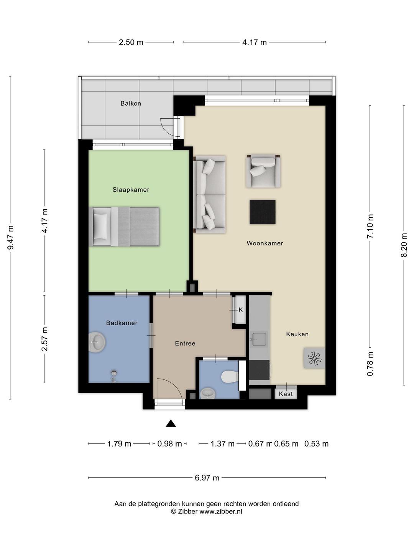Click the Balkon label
[131, 103]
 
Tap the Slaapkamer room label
[131, 190]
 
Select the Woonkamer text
[264, 243]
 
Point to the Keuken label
[297, 334]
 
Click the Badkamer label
[122, 323]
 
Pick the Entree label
[185, 343]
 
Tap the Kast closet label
[286, 394]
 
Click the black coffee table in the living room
[263, 212]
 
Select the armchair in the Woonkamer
[263, 171]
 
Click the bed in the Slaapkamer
[124, 227]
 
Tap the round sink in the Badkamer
[97, 342]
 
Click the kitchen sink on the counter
[259, 339]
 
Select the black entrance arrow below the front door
[171, 424]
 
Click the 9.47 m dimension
[10, 238]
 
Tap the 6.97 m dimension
[207, 478]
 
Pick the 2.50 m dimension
[131, 42]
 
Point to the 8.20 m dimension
[404, 245]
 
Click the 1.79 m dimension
[119, 444]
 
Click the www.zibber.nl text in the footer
[221, 511]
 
